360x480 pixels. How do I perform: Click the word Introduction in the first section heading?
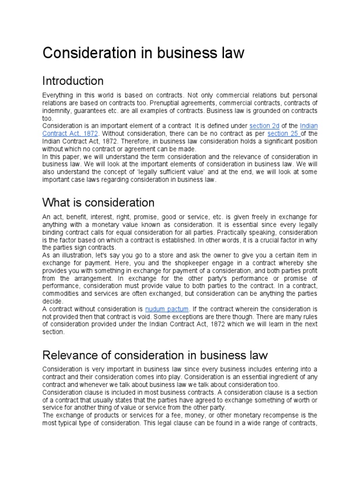coord(73,81)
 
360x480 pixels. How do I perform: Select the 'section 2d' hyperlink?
coord(264,126)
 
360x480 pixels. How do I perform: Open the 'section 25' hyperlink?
coord(283,133)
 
